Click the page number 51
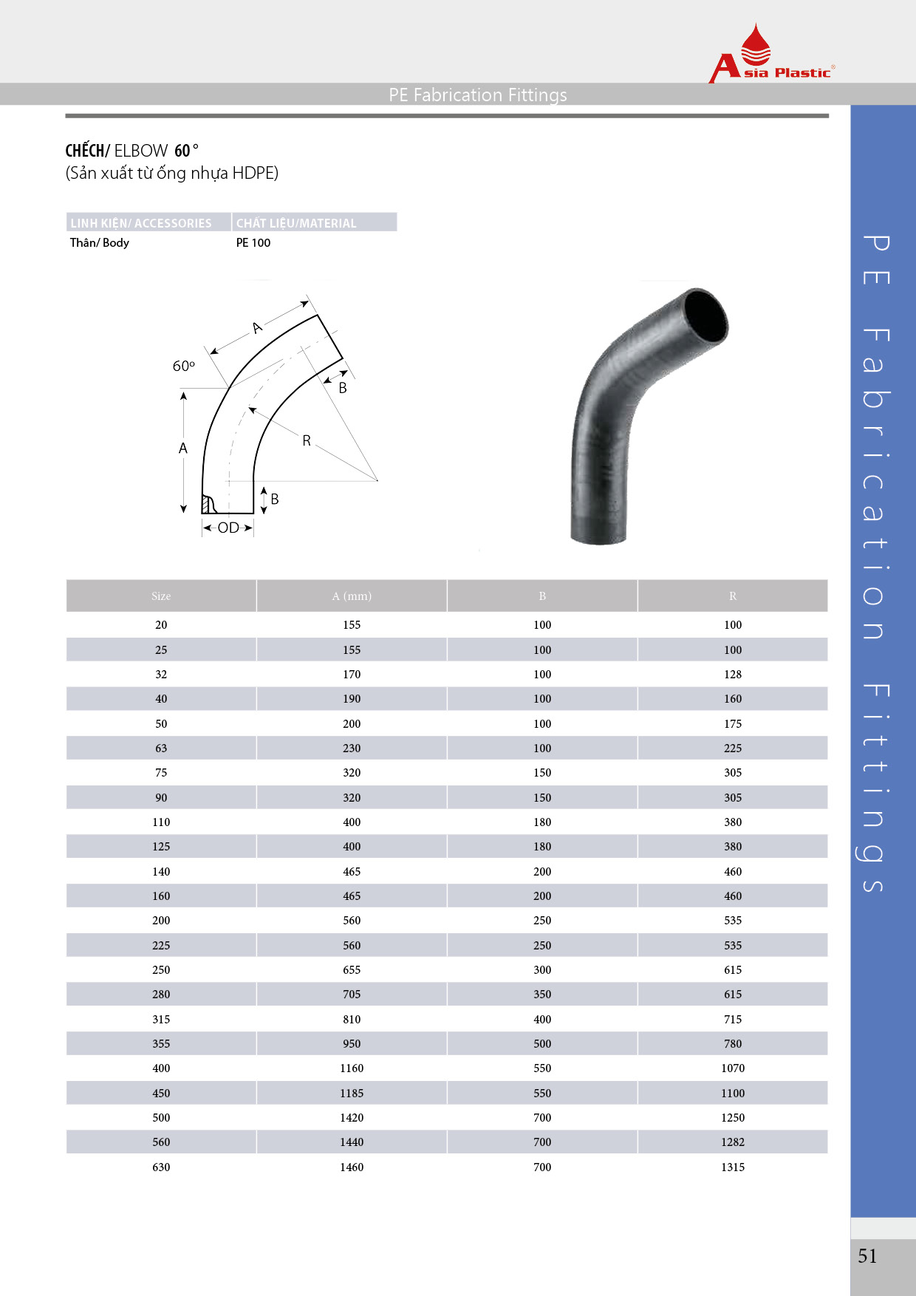pos(867,1256)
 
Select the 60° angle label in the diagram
pos(184,366)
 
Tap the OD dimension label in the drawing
pos(228,528)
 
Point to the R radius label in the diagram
pos(307,440)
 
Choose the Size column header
pos(161,596)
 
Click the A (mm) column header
pos(352,596)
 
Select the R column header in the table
pos(733,596)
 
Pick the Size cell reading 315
pos(161,1019)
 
